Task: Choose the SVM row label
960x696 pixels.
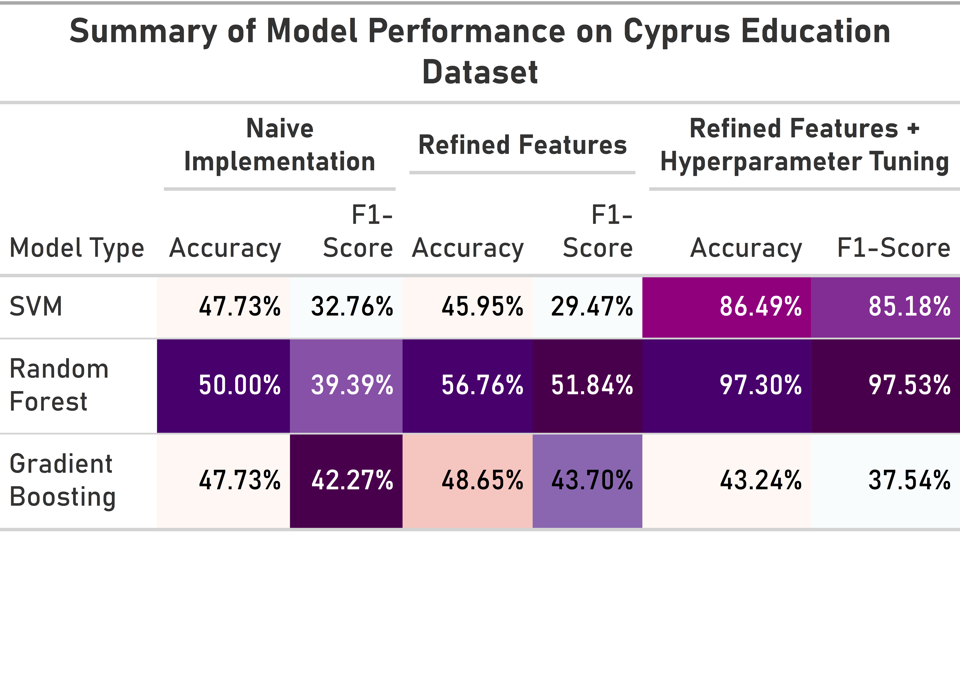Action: (36, 306)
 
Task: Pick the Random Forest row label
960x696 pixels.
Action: (59, 385)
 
